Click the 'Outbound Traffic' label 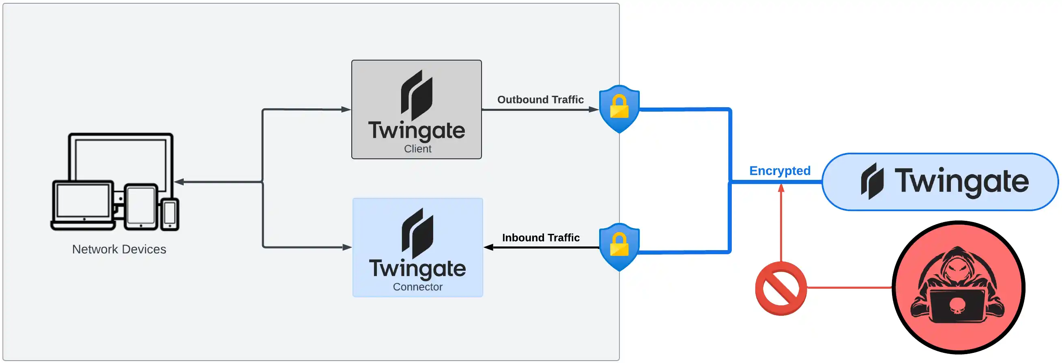coord(540,99)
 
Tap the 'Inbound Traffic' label coord(540,238)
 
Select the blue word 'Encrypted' coord(780,171)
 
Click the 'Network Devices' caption coord(119,249)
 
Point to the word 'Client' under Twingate coord(417,149)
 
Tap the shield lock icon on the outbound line coord(619,108)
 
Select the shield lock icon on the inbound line coord(619,247)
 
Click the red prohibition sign coord(780,288)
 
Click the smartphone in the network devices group coord(170,214)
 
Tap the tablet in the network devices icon coord(141,206)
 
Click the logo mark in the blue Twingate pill coord(872,181)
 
